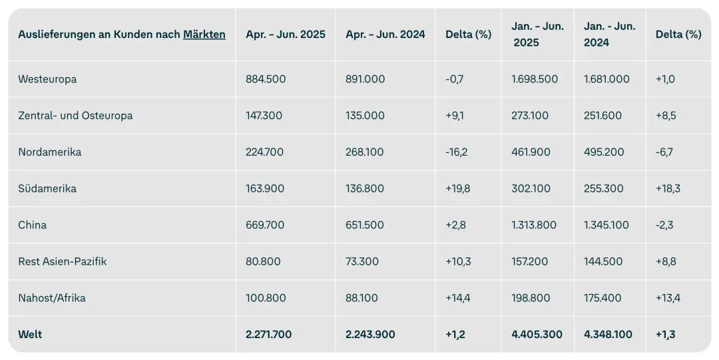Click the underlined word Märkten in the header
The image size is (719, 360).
click(x=204, y=35)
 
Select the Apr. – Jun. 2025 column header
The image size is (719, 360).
click(x=286, y=35)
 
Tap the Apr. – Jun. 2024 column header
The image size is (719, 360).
click(x=385, y=35)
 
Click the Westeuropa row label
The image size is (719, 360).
click(x=47, y=79)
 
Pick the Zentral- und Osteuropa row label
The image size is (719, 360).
click(x=75, y=116)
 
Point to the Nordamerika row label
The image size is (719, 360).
click(x=49, y=152)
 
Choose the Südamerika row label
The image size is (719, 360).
click(x=47, y=188)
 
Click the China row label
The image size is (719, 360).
click(x=32, y=225)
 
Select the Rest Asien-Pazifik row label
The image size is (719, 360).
click(x=63, y=262)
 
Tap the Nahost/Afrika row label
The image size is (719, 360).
click(x=52, y=298)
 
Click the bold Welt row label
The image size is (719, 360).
click(x=30, y=334)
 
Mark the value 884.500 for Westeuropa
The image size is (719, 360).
click(x=266, y=79)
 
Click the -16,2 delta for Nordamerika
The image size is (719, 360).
click(x=456, y=152)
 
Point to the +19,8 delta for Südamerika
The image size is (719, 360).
click(x=457, y=188)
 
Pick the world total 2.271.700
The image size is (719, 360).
click(x=269, y=334)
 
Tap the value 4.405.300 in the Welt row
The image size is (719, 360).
click(x=537, y=334)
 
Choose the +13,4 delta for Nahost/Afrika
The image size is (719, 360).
click(x=668, y=298)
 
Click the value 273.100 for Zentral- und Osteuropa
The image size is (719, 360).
click(x=530, y=116)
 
